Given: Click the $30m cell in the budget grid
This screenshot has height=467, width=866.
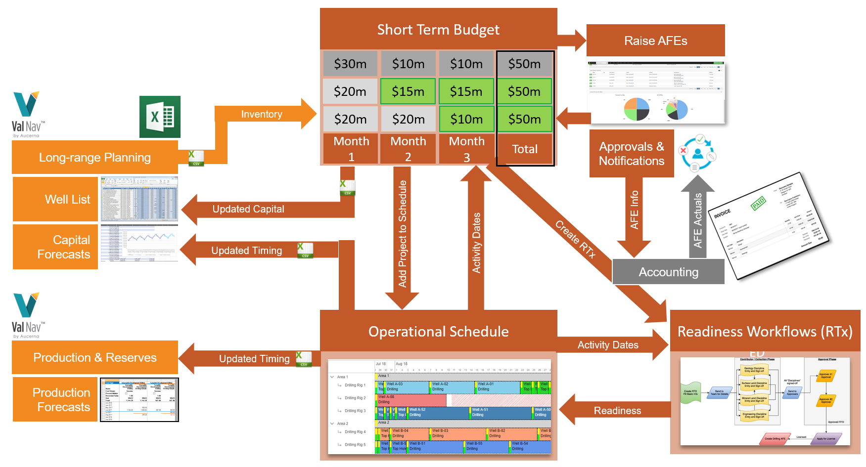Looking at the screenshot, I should point(350,64).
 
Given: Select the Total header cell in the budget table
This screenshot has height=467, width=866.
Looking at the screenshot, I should point(525,149).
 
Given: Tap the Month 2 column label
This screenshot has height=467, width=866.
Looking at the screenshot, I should point(408,148).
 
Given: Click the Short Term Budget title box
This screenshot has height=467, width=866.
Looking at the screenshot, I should point(438,29).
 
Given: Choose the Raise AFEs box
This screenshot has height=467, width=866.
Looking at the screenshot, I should point(655,41).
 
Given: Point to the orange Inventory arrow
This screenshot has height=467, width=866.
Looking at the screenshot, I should point(262,114).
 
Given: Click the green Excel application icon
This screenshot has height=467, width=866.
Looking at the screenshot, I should point(160,117).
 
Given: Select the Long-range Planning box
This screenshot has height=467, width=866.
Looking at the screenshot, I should point(94,158).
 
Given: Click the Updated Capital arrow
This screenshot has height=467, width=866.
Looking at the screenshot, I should point(248,209).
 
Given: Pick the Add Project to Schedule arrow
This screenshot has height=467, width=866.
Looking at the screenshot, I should point(403,235).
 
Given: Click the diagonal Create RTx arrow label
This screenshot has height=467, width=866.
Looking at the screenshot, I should point(575,239).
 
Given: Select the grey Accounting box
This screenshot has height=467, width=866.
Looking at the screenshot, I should point(668,272).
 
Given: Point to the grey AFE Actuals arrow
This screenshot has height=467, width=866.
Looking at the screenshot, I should point(697,220).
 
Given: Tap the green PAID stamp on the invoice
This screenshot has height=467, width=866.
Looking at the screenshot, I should point(758,203).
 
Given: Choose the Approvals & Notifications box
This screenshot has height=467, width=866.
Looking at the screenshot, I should point(632,154).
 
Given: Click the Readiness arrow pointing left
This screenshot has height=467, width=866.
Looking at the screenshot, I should point(617,411).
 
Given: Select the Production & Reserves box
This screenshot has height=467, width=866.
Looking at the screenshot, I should point(94,357).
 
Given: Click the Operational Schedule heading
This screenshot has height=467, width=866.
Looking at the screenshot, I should point(438,331).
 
